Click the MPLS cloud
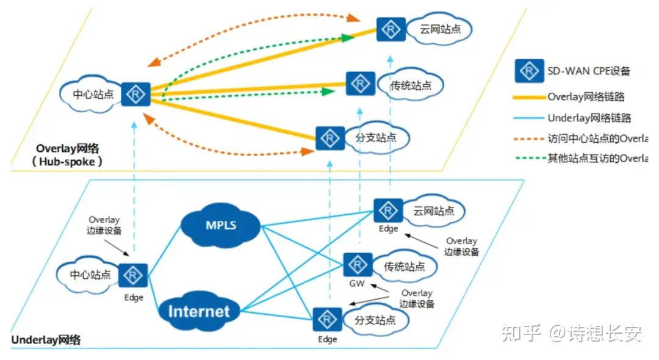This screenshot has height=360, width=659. (220, 226)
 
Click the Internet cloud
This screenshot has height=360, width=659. (198, 311)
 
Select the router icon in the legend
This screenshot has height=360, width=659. (528, 71)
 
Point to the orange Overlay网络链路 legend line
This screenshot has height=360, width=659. (528, 96)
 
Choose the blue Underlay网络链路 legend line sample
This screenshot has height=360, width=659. (528, 118)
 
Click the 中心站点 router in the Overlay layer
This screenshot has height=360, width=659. (135, 94)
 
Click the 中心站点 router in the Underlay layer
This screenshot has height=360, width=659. (133, 275)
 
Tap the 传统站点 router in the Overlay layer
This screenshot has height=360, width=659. (361, 84)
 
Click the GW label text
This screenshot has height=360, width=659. (357, 284)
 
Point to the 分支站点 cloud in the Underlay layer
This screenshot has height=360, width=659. (375, 320)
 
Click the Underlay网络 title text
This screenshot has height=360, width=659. (46, 340)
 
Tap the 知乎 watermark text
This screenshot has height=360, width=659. (520, 333)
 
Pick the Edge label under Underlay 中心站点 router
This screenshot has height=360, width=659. (134, 297)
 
